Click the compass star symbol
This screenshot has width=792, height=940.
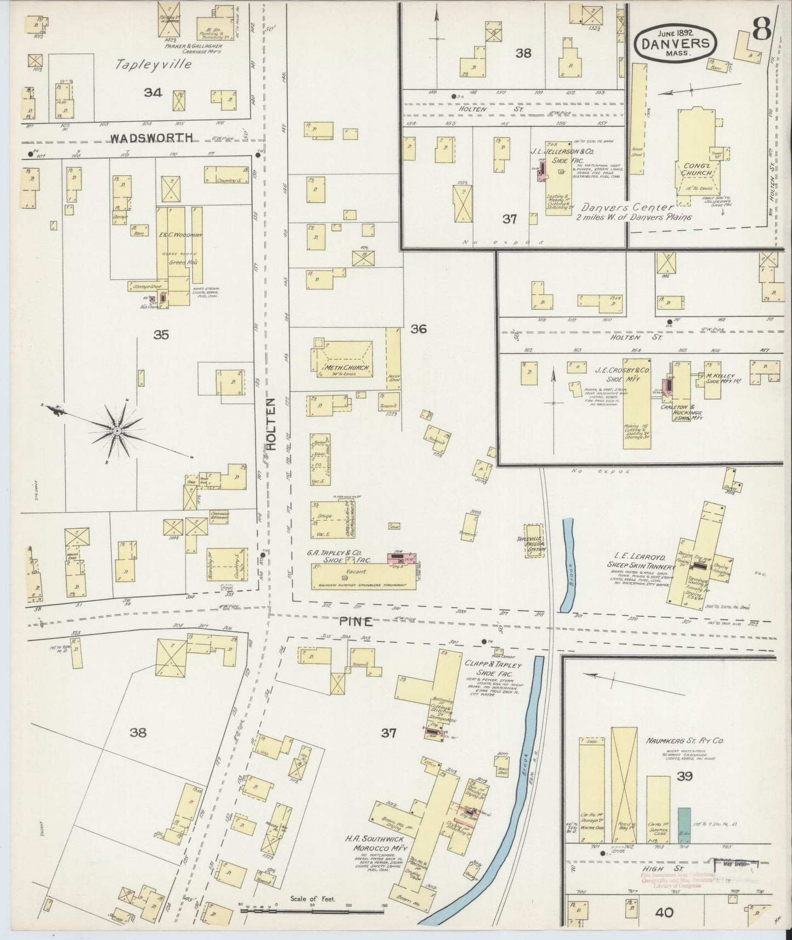(116, 432)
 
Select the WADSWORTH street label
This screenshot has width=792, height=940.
(152, 138)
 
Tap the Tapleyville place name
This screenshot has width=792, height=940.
(153, 64)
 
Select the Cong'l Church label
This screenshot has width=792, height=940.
(697, 168)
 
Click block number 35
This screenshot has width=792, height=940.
(161, 335)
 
